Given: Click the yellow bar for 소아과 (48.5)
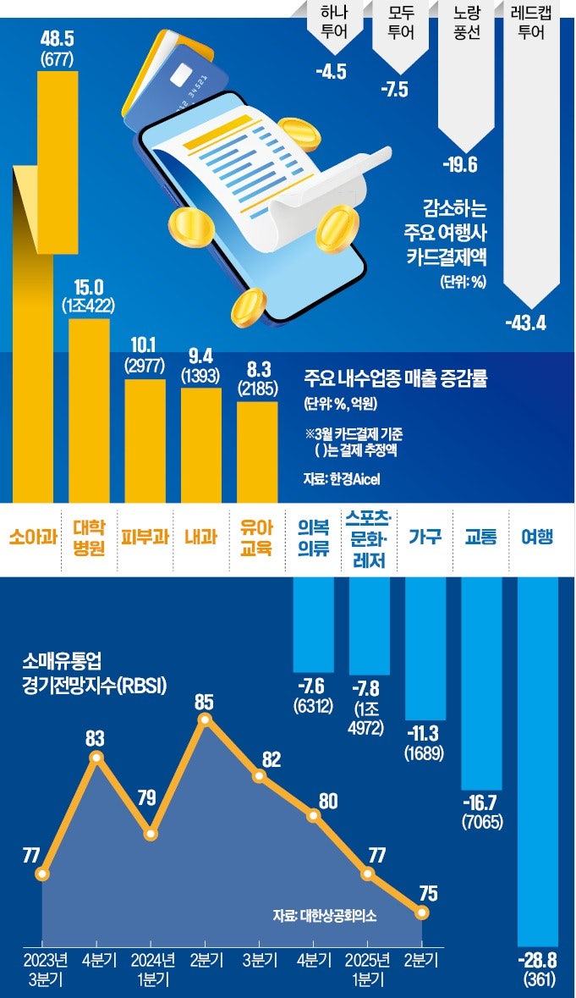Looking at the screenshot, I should point(58,288).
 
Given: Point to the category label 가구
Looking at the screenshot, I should point(425,537).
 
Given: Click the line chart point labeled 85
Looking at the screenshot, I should point(204,720).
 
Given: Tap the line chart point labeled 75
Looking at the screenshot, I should point(423,913).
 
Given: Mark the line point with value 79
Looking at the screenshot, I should point(151,834).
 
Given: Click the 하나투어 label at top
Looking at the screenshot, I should point(331,23).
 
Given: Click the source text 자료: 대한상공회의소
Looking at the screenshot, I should point(326,915).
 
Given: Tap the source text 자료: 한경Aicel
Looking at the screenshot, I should point(342,480).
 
